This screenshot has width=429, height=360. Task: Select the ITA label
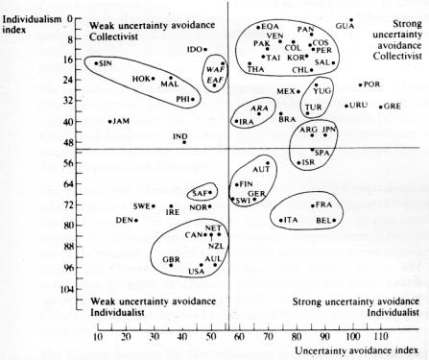[x=290, y=221]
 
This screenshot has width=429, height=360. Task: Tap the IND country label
[x=179, y=136]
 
